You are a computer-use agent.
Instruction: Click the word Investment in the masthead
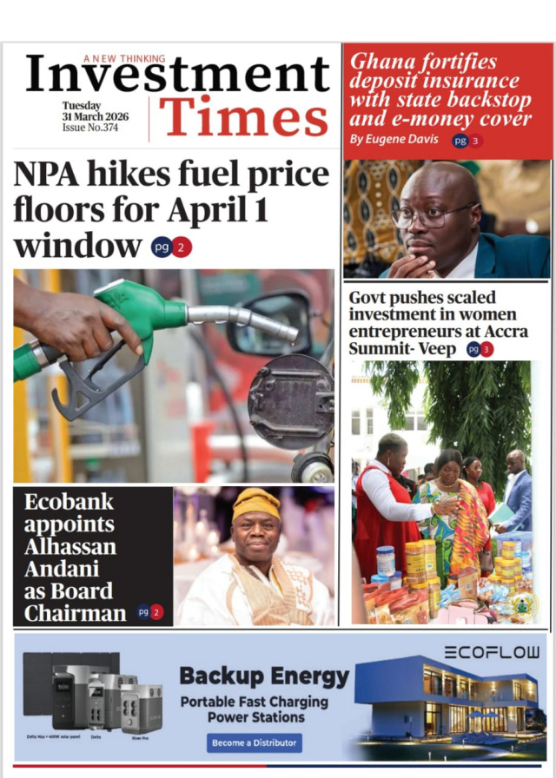pos(177,76)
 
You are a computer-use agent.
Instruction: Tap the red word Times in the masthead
pos(243,117)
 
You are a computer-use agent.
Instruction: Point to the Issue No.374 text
pos(89,128)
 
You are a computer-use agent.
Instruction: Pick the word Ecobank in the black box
pos(69,502)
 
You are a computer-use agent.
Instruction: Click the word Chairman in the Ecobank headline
pos(75,613)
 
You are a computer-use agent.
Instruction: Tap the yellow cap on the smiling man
pos(256,504)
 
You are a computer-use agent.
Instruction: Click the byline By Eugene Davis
pos(394,140)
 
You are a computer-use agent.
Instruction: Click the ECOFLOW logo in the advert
pos(491,652)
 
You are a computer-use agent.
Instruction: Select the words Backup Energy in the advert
pos(263,676)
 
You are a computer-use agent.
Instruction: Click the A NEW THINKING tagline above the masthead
pos(124,58)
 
